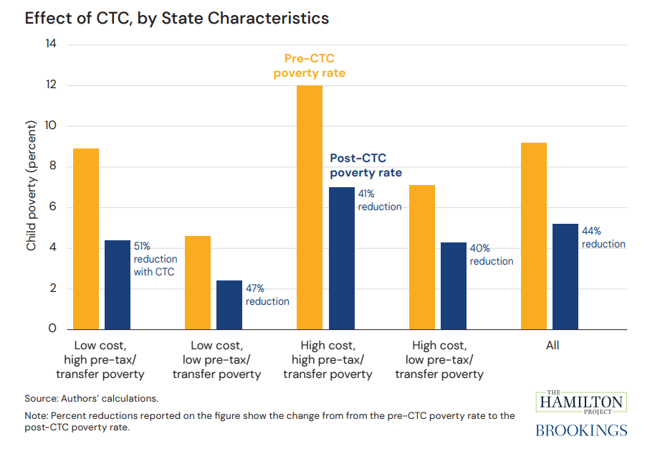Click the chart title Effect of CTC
(177, 19)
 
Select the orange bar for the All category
(533, 236)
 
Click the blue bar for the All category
(565, 276)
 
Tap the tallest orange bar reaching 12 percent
(310, 207)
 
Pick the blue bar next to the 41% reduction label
(342, 258)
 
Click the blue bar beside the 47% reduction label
(229, 305)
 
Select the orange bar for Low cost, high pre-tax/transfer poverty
(86, 239)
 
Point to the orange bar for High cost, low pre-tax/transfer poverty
(421, 257)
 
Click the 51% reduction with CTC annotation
(155, 259)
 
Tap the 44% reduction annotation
(603, 237)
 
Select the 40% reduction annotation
(492, 255)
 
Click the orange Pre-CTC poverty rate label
(310, 65)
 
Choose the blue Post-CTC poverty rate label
(365, 166)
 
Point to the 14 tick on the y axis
(51, 44)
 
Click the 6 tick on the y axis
(54, 208)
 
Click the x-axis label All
(552, 346)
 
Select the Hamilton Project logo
(580, 402)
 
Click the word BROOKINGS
(581, 430)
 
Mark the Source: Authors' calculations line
(92, 398)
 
